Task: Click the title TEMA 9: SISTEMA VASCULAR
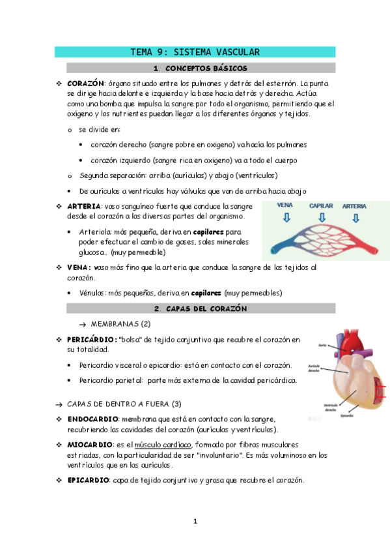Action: [195, 52]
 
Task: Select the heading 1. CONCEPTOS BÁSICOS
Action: [201, 68]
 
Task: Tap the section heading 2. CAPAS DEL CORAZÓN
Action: [201, 308]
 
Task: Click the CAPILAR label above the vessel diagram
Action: [321, 206]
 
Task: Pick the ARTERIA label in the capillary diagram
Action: [354, 206]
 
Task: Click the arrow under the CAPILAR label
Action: [321, 218]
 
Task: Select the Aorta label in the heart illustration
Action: [322, 345]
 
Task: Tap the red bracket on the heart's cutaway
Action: [382, 392]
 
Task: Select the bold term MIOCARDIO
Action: [90, 445]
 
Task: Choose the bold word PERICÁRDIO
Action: [92, 340]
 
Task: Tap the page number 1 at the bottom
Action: [195, 521]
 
